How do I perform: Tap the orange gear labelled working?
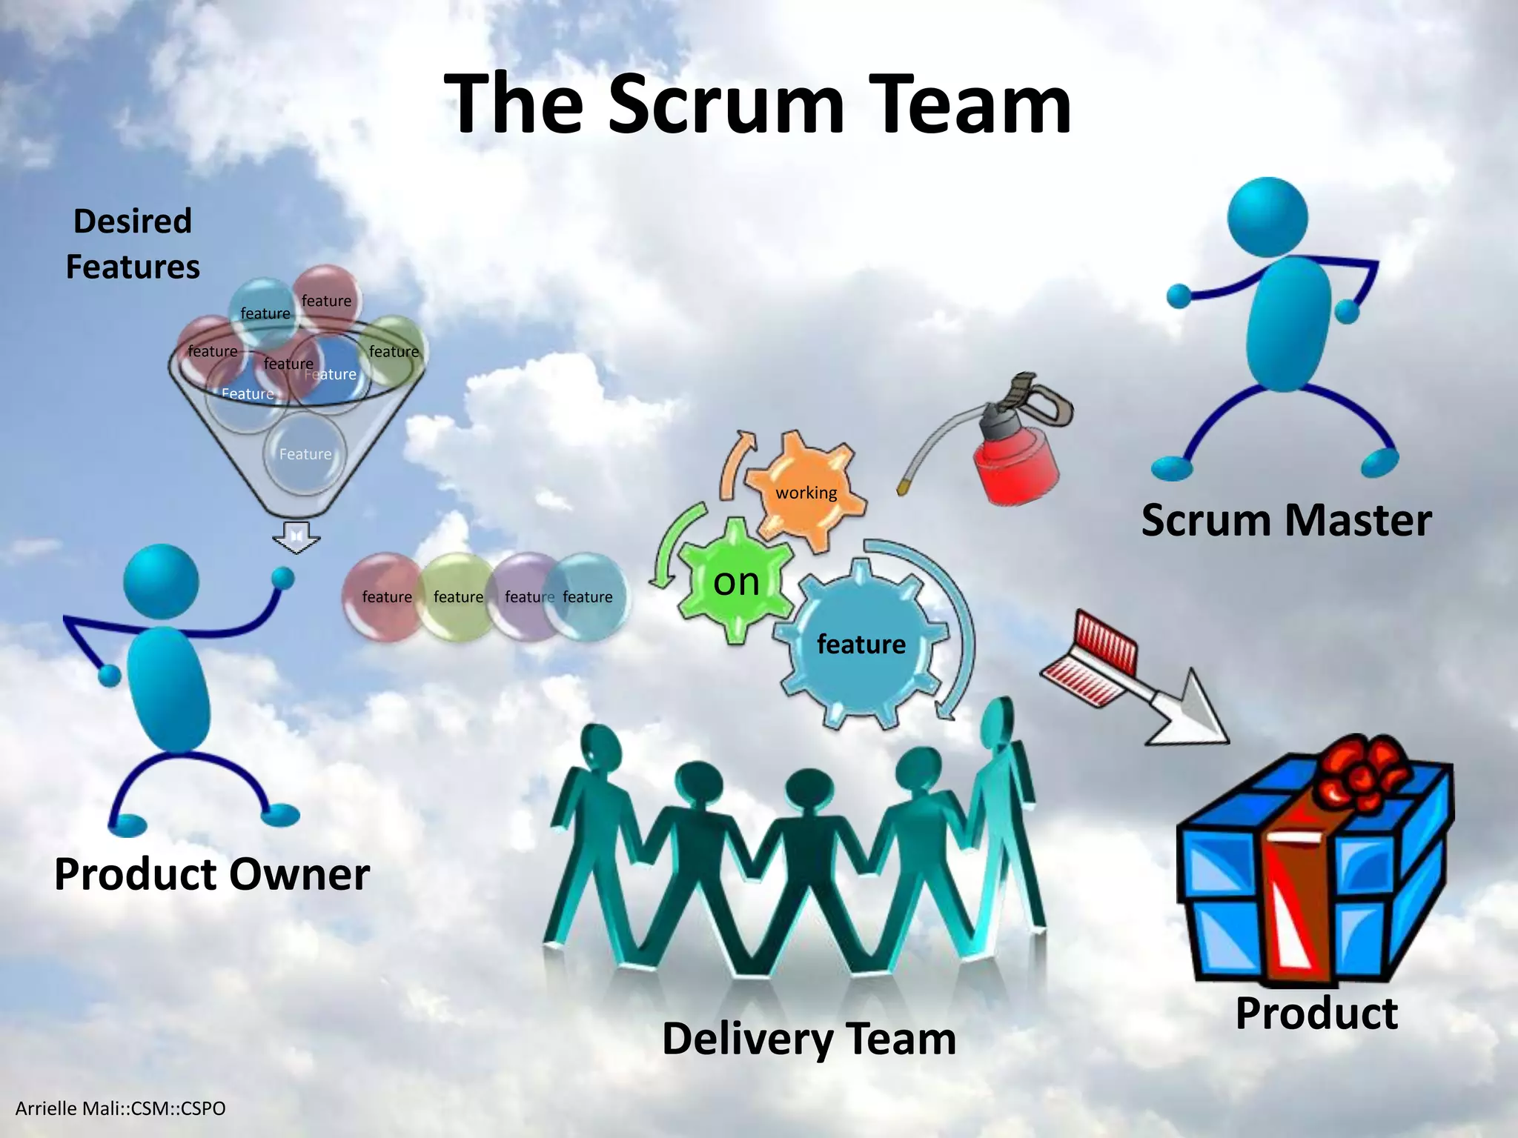pos(806,490)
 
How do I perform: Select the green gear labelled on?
pos(735,582)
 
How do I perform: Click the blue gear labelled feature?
pos(861,644)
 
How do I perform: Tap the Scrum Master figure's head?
pos(1267,216)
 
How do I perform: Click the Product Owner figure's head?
pos(161,582)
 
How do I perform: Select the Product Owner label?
pos(212,874)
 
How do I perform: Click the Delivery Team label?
pos(809,1039)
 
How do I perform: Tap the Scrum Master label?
pos(1286,520)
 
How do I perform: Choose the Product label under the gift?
pos(1316,1014)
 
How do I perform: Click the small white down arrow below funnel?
pos(296,537)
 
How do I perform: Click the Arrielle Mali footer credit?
pos(121,1108)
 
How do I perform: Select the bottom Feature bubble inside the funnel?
pos(305,453)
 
